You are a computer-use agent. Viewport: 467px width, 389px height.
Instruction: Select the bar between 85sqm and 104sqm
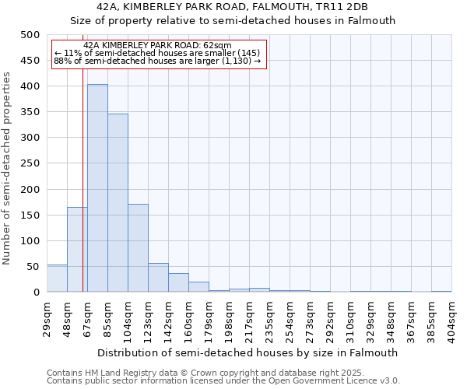coord(118,203)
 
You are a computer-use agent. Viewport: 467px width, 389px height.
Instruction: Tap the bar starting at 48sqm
coord(77,250)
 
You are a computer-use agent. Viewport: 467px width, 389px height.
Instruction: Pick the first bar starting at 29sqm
coord(57,279)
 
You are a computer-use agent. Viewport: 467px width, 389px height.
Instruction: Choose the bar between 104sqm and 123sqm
coord(138,248)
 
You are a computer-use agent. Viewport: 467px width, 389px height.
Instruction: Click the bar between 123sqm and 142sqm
coord(158,278)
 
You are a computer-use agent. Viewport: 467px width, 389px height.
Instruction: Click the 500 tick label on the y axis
coord(30,35)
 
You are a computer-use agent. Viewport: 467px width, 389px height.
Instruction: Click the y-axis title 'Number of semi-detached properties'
coord(7,168)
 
